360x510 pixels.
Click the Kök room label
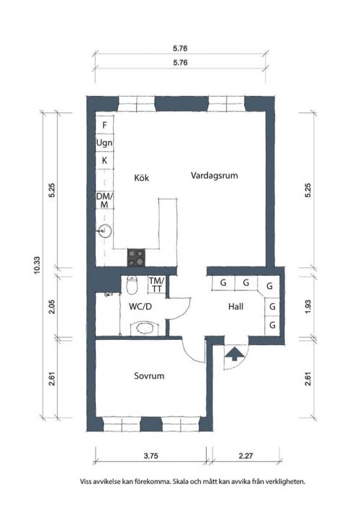pyautogui.click(x=141, y=178)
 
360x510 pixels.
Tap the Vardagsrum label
pyautogui.click(x=214, y=176)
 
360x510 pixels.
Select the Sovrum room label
pyautogui.click(x=149, y=376)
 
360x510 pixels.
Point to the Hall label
pyautogui.click(x=235, y=306)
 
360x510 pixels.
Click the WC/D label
pyautogui.click(x=140, y=306)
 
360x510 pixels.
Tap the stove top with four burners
pyautogui.click(x=136, y=258)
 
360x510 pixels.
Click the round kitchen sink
pyautogui.click(x=104, y=231)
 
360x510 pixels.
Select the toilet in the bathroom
pyautogui.click(x=132, y=285)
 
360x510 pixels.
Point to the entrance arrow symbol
pyautogui.click(x=233, y=354)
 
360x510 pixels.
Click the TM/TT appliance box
pyautogui.click(x=157, y=285)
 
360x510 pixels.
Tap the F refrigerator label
pyautogui.click(x=104, y=125)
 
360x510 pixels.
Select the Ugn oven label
pyautogui.click(x=104, y=143)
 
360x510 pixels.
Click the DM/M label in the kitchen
pyautogui.click(x=104, y=200)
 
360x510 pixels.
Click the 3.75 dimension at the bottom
pyautogui.click(x=151, y=456)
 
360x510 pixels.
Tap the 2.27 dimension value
pyautogui.click(x=246, y=456)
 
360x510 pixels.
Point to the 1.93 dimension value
pyautogui.click(x=308, y=306)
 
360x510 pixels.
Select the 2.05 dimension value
pyautogui.click(x=52, y=306)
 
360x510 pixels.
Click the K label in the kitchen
pyautogui.click(x=104, y=161)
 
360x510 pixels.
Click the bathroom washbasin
pyautogui.click(x=144, y=328)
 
